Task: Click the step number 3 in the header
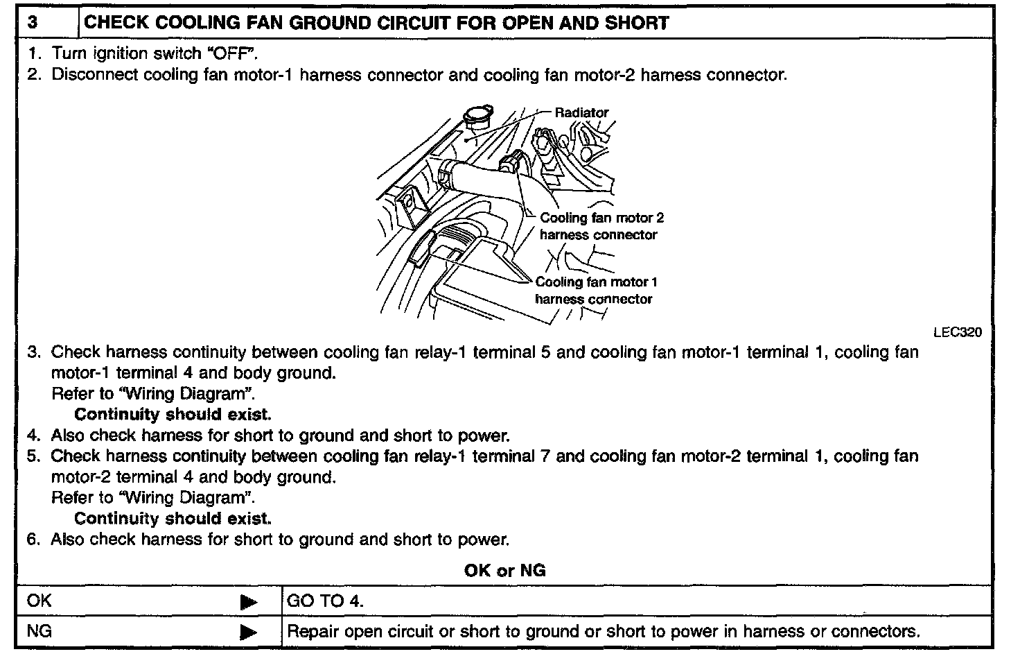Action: [33, 23]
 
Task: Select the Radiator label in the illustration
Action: [581, 112]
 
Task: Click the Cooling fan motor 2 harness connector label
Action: [601, 226]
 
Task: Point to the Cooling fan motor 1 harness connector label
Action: [595, 291]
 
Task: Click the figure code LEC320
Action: [958, 332]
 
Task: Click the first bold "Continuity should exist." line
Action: [173, 415]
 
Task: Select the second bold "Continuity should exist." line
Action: [173, 519]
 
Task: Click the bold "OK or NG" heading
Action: [504, 570]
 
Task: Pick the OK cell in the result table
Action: [39, 601]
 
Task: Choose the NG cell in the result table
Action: [39, 632]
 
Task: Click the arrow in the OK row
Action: [248, 602]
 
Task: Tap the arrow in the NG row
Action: [248, 632]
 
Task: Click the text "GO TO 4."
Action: [325, 601]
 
